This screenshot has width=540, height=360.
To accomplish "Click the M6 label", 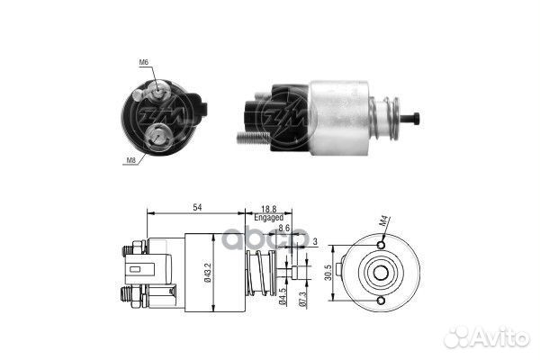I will click(144, 62).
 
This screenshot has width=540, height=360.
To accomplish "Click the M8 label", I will click(131, 159).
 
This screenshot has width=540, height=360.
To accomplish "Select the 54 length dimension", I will click(197, 207).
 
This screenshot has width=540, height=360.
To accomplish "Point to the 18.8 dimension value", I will click(269, 207).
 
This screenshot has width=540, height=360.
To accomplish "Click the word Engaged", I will click(269, 218).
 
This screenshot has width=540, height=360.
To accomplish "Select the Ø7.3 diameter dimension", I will click(305, 298).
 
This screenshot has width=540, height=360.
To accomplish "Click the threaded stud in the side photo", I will click(255, 138).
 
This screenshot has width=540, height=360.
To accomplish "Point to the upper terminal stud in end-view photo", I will click(157, 89).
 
